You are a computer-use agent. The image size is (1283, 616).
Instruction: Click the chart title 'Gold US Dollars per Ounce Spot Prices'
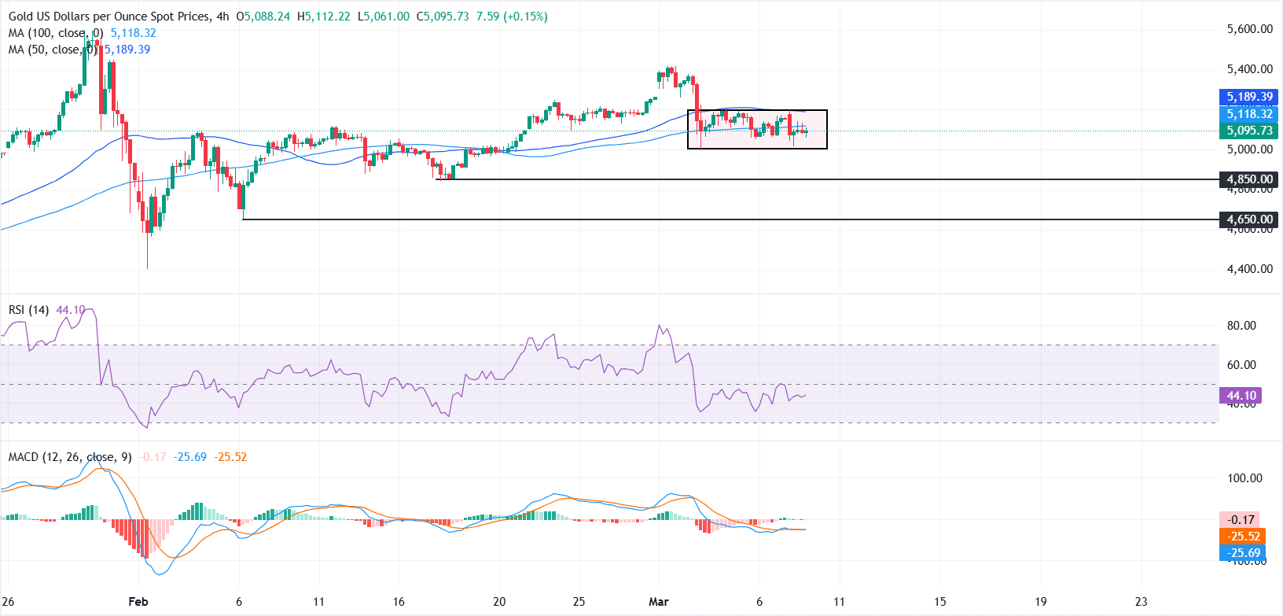109,17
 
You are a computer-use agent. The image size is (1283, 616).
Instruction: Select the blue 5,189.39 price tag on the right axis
1249,97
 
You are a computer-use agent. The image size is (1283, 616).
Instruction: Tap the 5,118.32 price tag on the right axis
1249,114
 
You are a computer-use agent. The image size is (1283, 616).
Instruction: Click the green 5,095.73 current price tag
1249,131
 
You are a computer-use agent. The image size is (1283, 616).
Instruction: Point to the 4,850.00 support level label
1249,179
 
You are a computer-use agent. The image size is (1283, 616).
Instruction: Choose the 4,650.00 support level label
1249,219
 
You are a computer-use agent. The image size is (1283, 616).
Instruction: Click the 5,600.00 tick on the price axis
1249,29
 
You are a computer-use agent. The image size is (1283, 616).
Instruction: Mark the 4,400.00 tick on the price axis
1249,269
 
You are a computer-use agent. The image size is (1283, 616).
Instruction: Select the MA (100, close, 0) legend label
56,33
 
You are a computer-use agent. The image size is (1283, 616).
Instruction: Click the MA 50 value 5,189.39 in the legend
127,50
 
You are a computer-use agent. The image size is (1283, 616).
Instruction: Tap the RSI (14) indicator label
28,310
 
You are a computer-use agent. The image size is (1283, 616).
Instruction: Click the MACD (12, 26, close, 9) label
70,457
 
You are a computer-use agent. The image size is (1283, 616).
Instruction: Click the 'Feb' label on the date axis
138,602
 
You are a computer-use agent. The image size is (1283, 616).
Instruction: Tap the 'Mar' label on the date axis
659,602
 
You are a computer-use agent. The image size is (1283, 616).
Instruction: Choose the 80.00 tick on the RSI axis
1241,326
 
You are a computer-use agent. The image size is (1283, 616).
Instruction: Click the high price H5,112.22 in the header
323,17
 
